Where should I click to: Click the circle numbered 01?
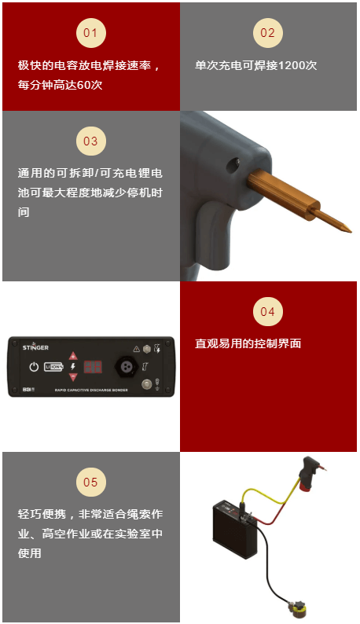pyautogui.click(x=90, y=33)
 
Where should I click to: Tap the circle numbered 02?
pyautogui.click(x=267, y=33)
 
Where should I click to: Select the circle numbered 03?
pyautogui.click(x=90, y=141)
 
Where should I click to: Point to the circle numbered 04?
pyautogui.click(x=267, y=312)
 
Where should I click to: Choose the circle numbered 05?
pyautogui.click(x=90, y=483)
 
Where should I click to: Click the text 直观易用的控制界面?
pyautogui.click(x=248, y=344)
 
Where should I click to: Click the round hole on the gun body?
pyautogui.click(x=233, y=165)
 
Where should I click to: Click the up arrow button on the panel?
pyautogui.click(x=73, y=356)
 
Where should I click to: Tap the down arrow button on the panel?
pyautogui.click(x=73, y=377)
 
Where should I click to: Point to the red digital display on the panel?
pyautogui.click(x=94, y=367)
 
